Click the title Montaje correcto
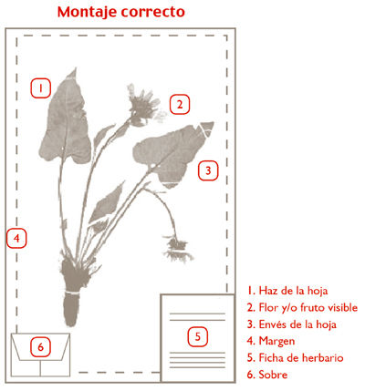pos(121,12)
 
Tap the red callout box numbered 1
pos(40,88)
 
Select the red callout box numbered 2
pos(180,105)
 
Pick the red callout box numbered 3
pos(208,170)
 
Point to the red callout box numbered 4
pos(16,239)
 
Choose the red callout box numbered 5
pos(198,336)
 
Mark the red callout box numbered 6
pos(40,347)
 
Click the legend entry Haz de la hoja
pos(287,291)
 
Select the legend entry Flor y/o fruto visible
pos(302,307)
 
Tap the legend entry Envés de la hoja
pos(292,324)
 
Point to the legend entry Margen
pos(271,341)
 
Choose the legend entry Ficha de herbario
pos(296,357)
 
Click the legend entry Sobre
pos(267,375)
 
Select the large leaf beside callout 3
pos(172,153)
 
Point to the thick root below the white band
pos(71,309)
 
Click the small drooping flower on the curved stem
pos(177,249)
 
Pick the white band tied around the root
pos(72,293)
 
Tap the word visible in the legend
pos(343,307)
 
